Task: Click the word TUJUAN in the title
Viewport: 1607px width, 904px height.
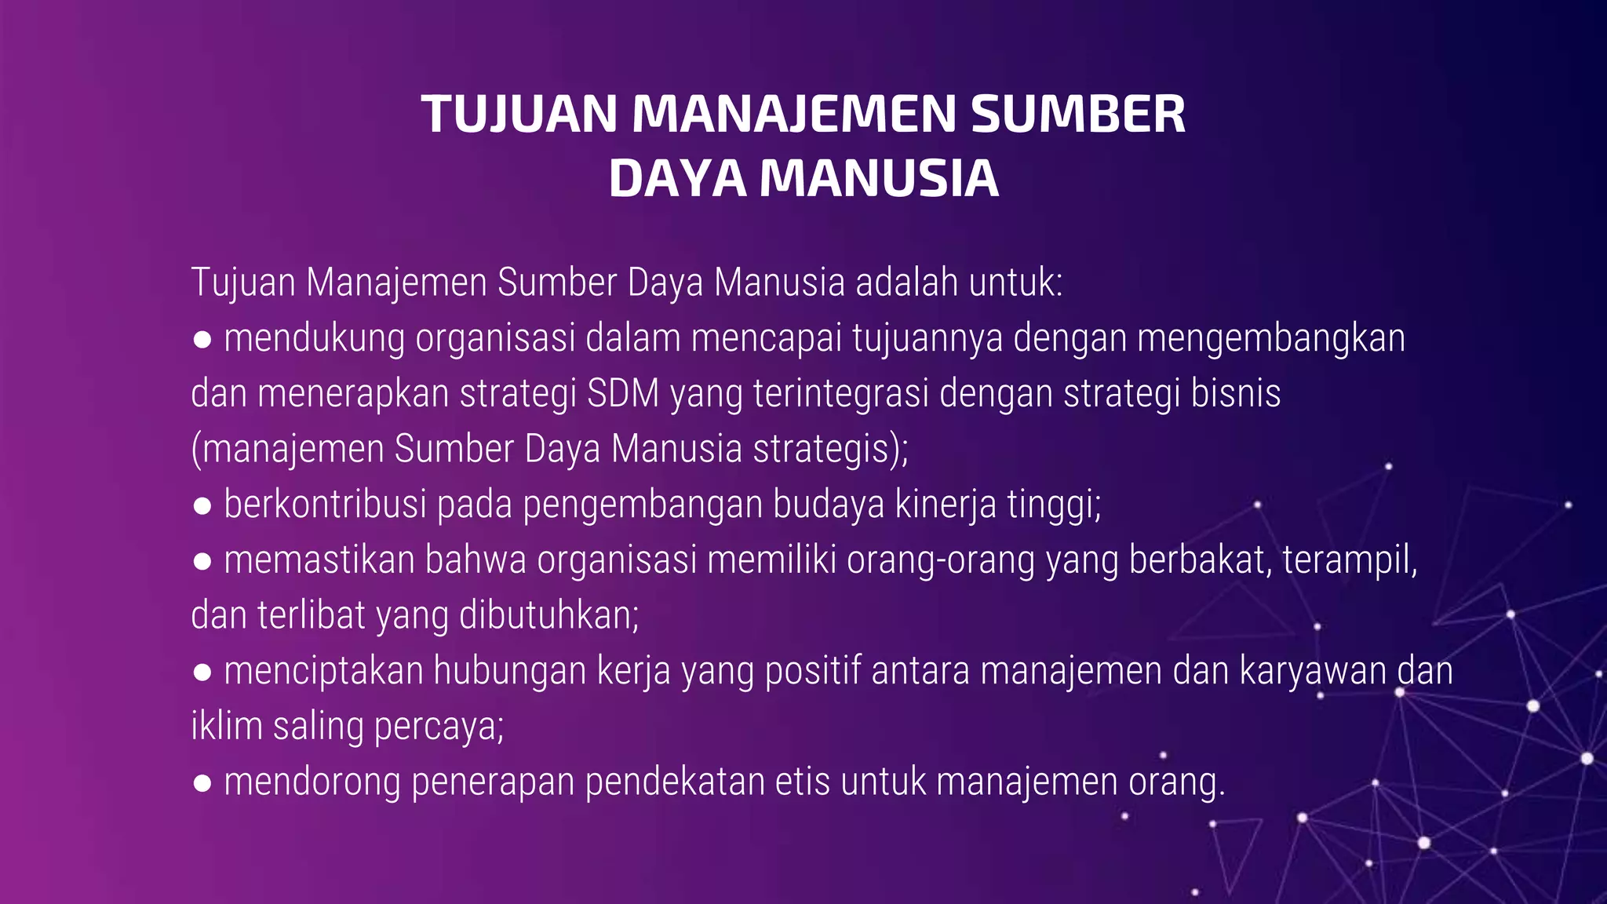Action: tap(519, 115)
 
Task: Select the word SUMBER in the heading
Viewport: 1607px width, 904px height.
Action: tap(1078, 115)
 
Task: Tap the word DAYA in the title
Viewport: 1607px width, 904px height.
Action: tap(677, 178)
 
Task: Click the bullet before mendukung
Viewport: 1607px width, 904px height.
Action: tap(202, 340)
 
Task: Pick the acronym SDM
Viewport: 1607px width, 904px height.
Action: tap(623, 393)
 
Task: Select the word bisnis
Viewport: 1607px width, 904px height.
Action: tap(1236, 393)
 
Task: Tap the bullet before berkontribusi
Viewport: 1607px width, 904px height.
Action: tap(202, 506)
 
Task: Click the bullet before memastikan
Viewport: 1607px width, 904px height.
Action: tap(202, 562)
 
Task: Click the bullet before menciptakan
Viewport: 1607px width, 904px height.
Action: tap(202, 673)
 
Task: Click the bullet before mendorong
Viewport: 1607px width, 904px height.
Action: tap(202, 783)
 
